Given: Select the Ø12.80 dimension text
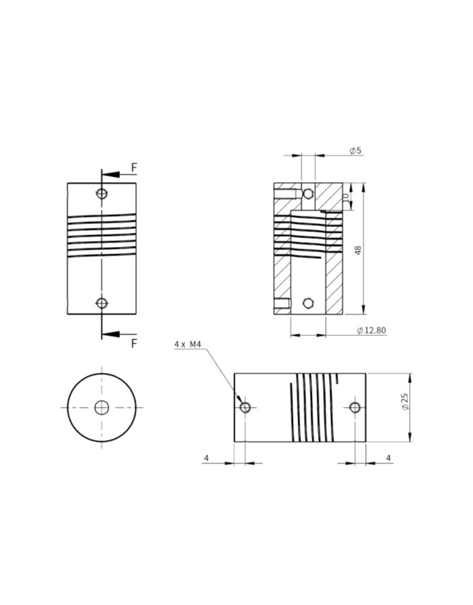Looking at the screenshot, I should click(371, 330).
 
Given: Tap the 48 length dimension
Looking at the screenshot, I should click(358, 250).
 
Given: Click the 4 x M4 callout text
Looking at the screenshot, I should click(187, 344).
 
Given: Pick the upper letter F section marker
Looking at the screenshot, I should click(134, 168).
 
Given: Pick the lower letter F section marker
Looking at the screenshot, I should click(134, 344).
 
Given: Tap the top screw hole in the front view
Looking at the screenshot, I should click(102, 194).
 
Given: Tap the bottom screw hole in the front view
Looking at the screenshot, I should click(102, 303).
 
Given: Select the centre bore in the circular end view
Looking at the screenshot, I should click(101, 408).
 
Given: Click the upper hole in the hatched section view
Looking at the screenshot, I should click(308, 194).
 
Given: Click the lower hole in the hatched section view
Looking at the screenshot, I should click(308, 303).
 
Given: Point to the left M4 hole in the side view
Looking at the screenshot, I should click(245, 408).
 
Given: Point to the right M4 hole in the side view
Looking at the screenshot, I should click(355, 408).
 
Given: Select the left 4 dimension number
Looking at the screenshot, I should click(206, 458).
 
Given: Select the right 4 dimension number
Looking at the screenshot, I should click(388, 458).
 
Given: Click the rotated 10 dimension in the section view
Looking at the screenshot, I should click(346, 196).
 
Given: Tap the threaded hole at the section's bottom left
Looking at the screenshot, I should click(282, 303).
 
